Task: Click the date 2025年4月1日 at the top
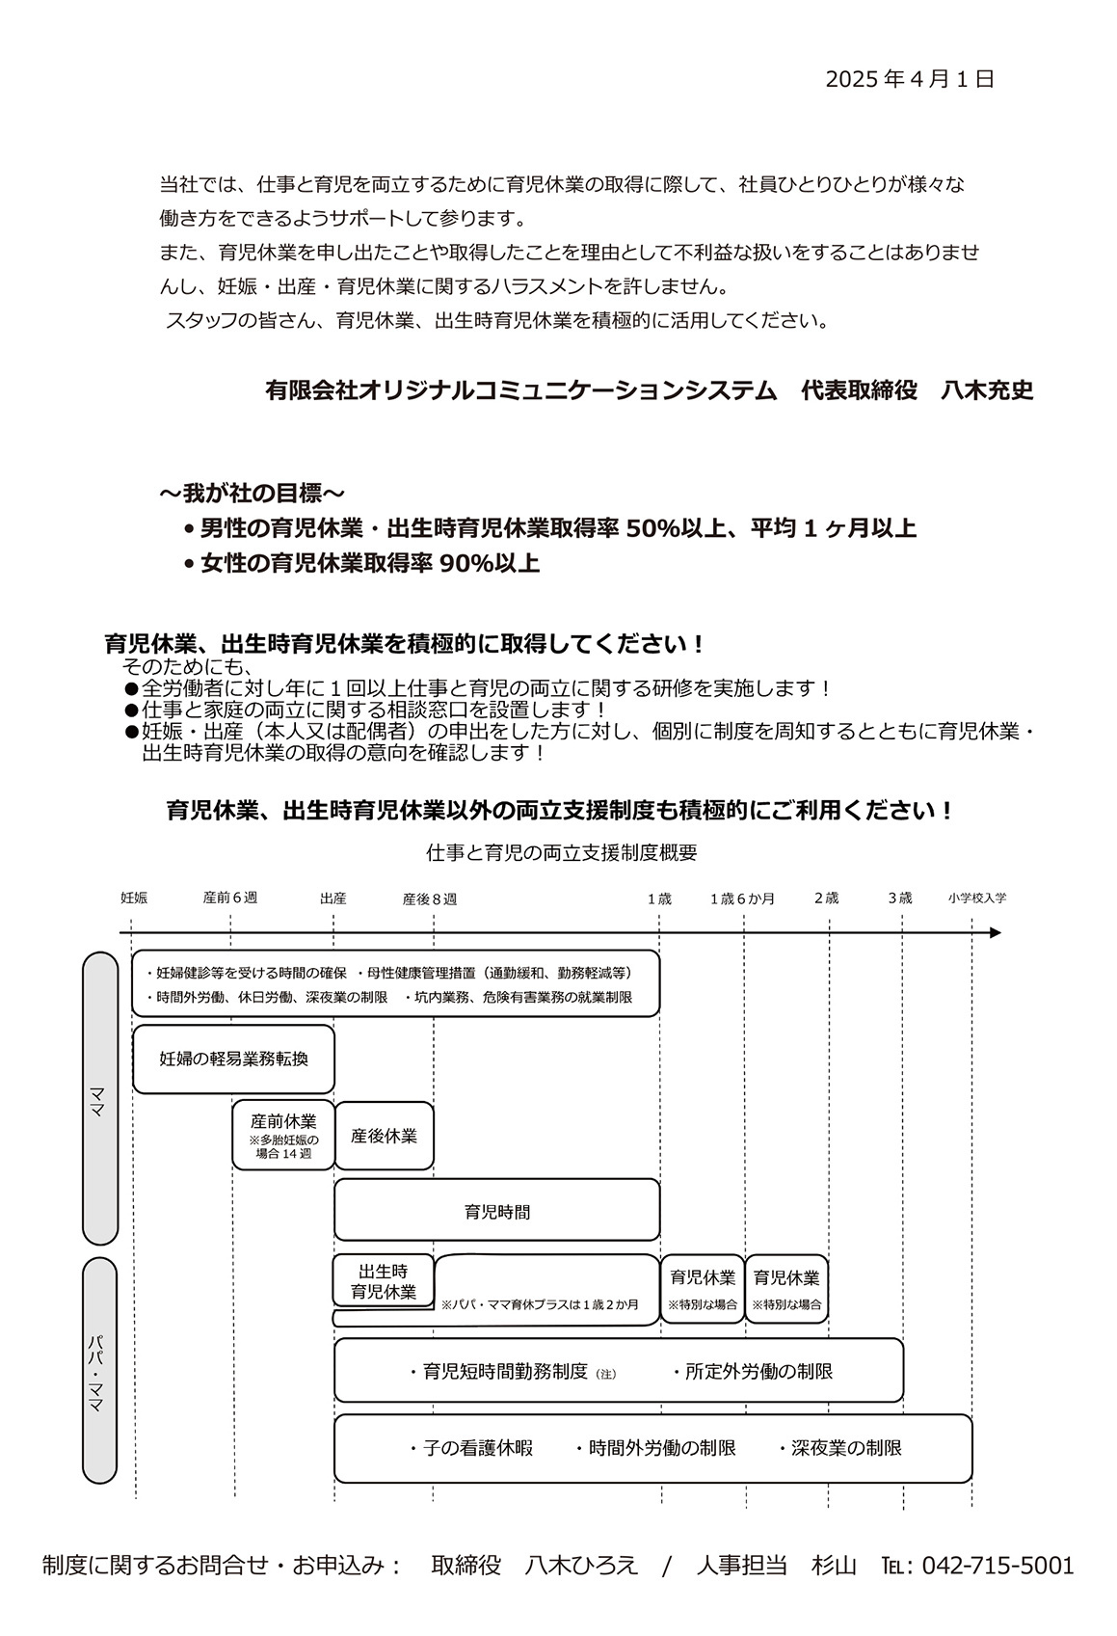[909, 80]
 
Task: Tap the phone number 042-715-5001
[997, 1566]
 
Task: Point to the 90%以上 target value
[489, 564]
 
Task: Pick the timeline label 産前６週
[230, 898]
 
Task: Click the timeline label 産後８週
[430, 898]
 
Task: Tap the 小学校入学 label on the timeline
[976, 898]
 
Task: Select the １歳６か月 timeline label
[742, 898]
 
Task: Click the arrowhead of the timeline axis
[995, 932]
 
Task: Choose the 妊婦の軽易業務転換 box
[233, 1059]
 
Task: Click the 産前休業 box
[283, 1135]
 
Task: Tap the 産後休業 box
[384, 1136]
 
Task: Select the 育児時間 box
[496, 1212]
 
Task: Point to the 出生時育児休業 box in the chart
[384, 1281]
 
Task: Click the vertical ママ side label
[99, 1098]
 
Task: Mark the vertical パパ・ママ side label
[99, 1369]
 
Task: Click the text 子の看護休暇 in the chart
[478, 1448]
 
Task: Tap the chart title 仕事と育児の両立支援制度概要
[561, 852]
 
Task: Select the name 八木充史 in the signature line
[987, 390]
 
